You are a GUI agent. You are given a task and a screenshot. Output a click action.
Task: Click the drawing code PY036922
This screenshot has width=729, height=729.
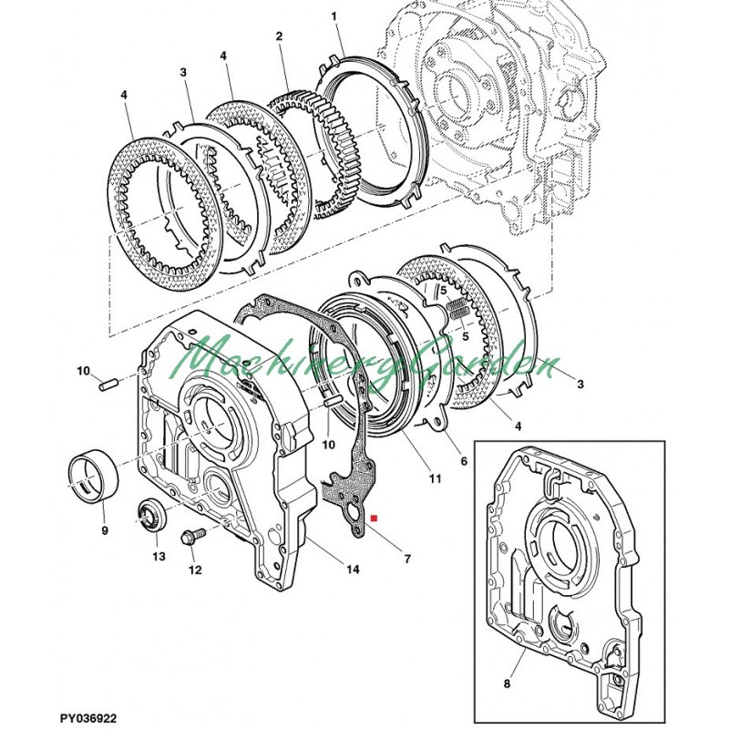pos(88,718)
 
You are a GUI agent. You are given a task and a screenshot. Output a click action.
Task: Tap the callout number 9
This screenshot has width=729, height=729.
pos(105,529)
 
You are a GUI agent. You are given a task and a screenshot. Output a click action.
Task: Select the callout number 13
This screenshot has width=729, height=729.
pos(159,556)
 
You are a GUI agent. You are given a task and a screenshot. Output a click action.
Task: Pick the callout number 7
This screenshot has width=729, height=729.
pos(407,559)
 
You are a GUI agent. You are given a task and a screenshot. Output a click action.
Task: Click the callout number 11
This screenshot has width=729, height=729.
pos(435,477)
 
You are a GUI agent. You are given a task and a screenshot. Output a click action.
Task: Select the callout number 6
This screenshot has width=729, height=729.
pos(464,461)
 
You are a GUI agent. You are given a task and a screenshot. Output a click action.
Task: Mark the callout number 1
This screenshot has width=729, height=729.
pos(334,16)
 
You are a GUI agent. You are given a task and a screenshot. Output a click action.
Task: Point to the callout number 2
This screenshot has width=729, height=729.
pos(279,36)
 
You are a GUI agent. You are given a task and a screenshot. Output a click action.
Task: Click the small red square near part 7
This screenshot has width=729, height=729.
pos(374,517)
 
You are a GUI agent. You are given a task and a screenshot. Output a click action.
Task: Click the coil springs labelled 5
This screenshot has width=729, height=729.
pos(458,310)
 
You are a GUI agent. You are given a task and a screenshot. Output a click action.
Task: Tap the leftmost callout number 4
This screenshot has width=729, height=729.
pos(123,95)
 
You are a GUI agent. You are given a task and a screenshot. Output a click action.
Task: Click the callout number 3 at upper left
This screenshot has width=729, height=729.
pos(183,72)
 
